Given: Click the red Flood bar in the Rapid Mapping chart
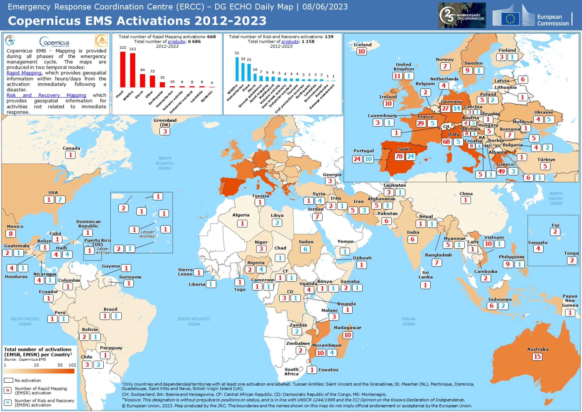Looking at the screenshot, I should tap(123, 69).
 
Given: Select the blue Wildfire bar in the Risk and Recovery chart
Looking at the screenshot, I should tap(237, 69).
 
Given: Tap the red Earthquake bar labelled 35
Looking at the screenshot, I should tap(162, 84).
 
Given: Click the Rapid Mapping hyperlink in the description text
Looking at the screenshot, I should tap(24, 73).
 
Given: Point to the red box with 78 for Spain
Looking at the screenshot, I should tap(399, 156).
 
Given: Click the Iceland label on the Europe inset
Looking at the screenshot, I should tap(362, 45).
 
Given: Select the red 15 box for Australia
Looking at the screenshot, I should tap(537, 356).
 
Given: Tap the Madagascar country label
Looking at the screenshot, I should tap(348, 328).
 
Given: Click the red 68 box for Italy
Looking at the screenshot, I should tap(446, 142).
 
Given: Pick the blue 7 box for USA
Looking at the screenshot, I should tap(60, 200).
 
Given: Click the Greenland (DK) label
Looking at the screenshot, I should tap(165, 122).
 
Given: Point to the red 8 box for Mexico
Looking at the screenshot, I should tap(11, 234).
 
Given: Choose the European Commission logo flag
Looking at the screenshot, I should tap(510, 18).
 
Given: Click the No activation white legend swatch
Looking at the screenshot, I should tap(9, 380).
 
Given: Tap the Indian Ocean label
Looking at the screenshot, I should tap(408, 321).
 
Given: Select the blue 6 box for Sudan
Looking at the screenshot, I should tap(305, 249).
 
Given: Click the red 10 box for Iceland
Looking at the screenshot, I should tap(361, 51).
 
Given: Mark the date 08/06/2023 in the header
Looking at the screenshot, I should tap(325, 7).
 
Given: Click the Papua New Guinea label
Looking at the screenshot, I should tap(570, 300).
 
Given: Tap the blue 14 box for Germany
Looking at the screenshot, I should tap(456, 108).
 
